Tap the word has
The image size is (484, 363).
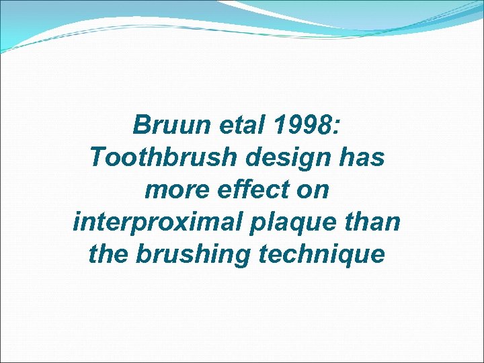tap(361, 158)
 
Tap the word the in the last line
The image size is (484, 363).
tap(108, 255)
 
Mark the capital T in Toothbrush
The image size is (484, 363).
tap(97, 158)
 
